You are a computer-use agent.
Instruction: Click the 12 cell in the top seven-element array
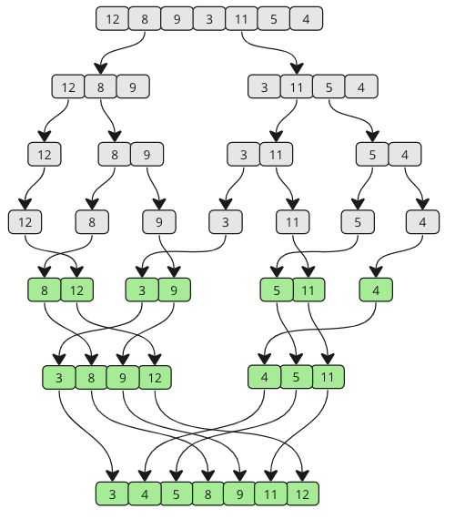click(x=112, y=18)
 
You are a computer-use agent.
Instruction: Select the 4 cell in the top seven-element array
click(x=306, y=18)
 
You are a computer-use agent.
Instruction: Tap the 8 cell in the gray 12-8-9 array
click(x=100, y=87)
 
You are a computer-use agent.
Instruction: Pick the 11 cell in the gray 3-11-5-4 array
click(x=296, y=87)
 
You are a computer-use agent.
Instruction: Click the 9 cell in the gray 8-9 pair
click(x=147, y=154)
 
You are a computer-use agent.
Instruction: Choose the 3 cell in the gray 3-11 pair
click(x=244, y=154)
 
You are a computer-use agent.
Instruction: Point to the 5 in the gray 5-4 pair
click(x=372, y=154)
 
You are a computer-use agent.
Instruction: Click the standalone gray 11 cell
click(x=292, y=221)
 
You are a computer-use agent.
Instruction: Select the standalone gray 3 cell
click(x=225, y=221)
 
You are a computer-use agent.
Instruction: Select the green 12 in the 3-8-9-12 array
click(x=155, y=376)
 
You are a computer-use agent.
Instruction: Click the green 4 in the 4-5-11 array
click(x=264, y=376)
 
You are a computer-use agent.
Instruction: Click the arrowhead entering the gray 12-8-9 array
click(x=100, y=69)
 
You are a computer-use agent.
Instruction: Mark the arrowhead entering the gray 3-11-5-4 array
click(x=296, y=69)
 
